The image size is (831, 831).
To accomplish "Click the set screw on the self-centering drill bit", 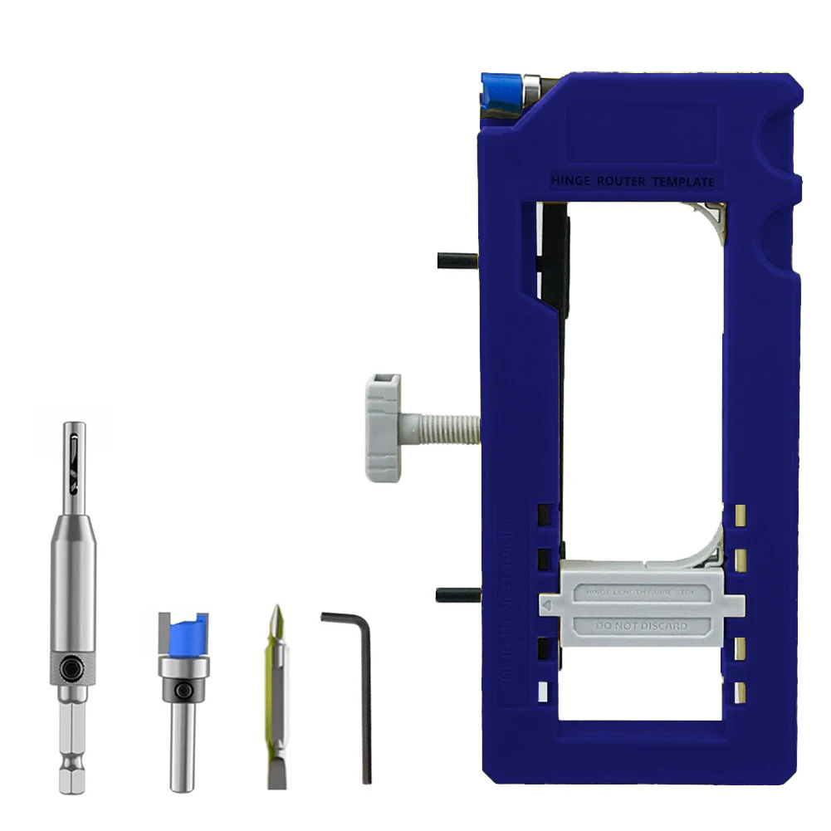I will (x=75, y=667).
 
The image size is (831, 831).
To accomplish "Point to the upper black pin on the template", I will (x=456, y=261).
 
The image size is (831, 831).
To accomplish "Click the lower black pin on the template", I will (x=456, y=594).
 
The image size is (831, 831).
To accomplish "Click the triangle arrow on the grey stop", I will (x=550, y=609).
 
